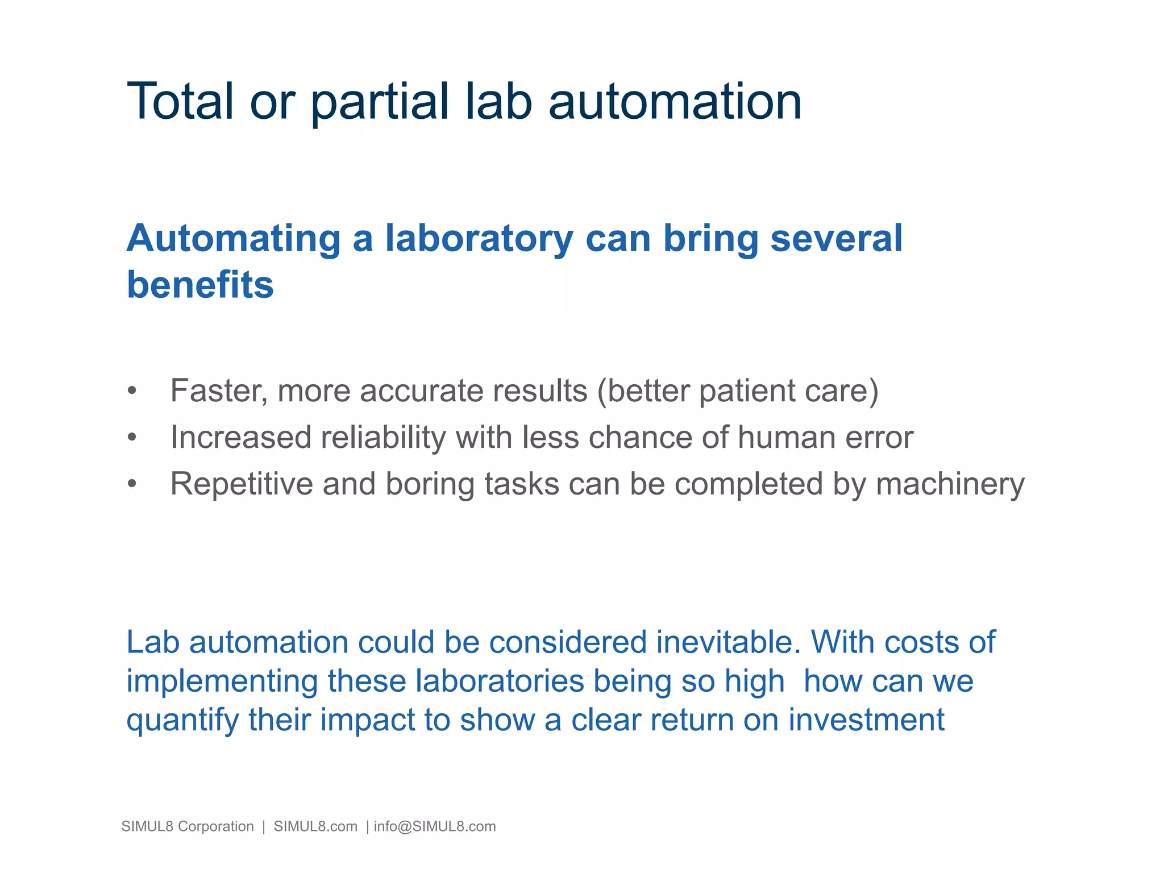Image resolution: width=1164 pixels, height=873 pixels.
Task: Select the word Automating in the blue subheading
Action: (x=233, y=239)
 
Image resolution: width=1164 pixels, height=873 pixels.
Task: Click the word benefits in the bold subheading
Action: (x=200, y=285)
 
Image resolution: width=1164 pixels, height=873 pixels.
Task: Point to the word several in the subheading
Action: (x=836, y=239)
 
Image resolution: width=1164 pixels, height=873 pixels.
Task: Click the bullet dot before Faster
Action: (x=132, y=391)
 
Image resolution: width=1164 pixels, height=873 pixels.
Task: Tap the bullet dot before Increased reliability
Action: (x=132, y=438)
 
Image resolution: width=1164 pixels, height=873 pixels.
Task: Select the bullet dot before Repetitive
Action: (x=132, y=484)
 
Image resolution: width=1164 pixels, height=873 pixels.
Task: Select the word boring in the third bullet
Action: (x=430, y=485)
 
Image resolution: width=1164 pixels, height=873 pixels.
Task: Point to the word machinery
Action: (x=950, y=485)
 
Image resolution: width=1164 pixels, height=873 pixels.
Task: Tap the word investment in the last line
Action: (x=866, y=720)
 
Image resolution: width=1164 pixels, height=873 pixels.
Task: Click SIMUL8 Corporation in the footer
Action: (x=188, y=826)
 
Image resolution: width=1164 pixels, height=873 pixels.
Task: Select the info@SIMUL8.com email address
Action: (x=435, y=826)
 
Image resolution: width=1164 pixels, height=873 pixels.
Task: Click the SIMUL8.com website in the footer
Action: (x=315, y=826)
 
